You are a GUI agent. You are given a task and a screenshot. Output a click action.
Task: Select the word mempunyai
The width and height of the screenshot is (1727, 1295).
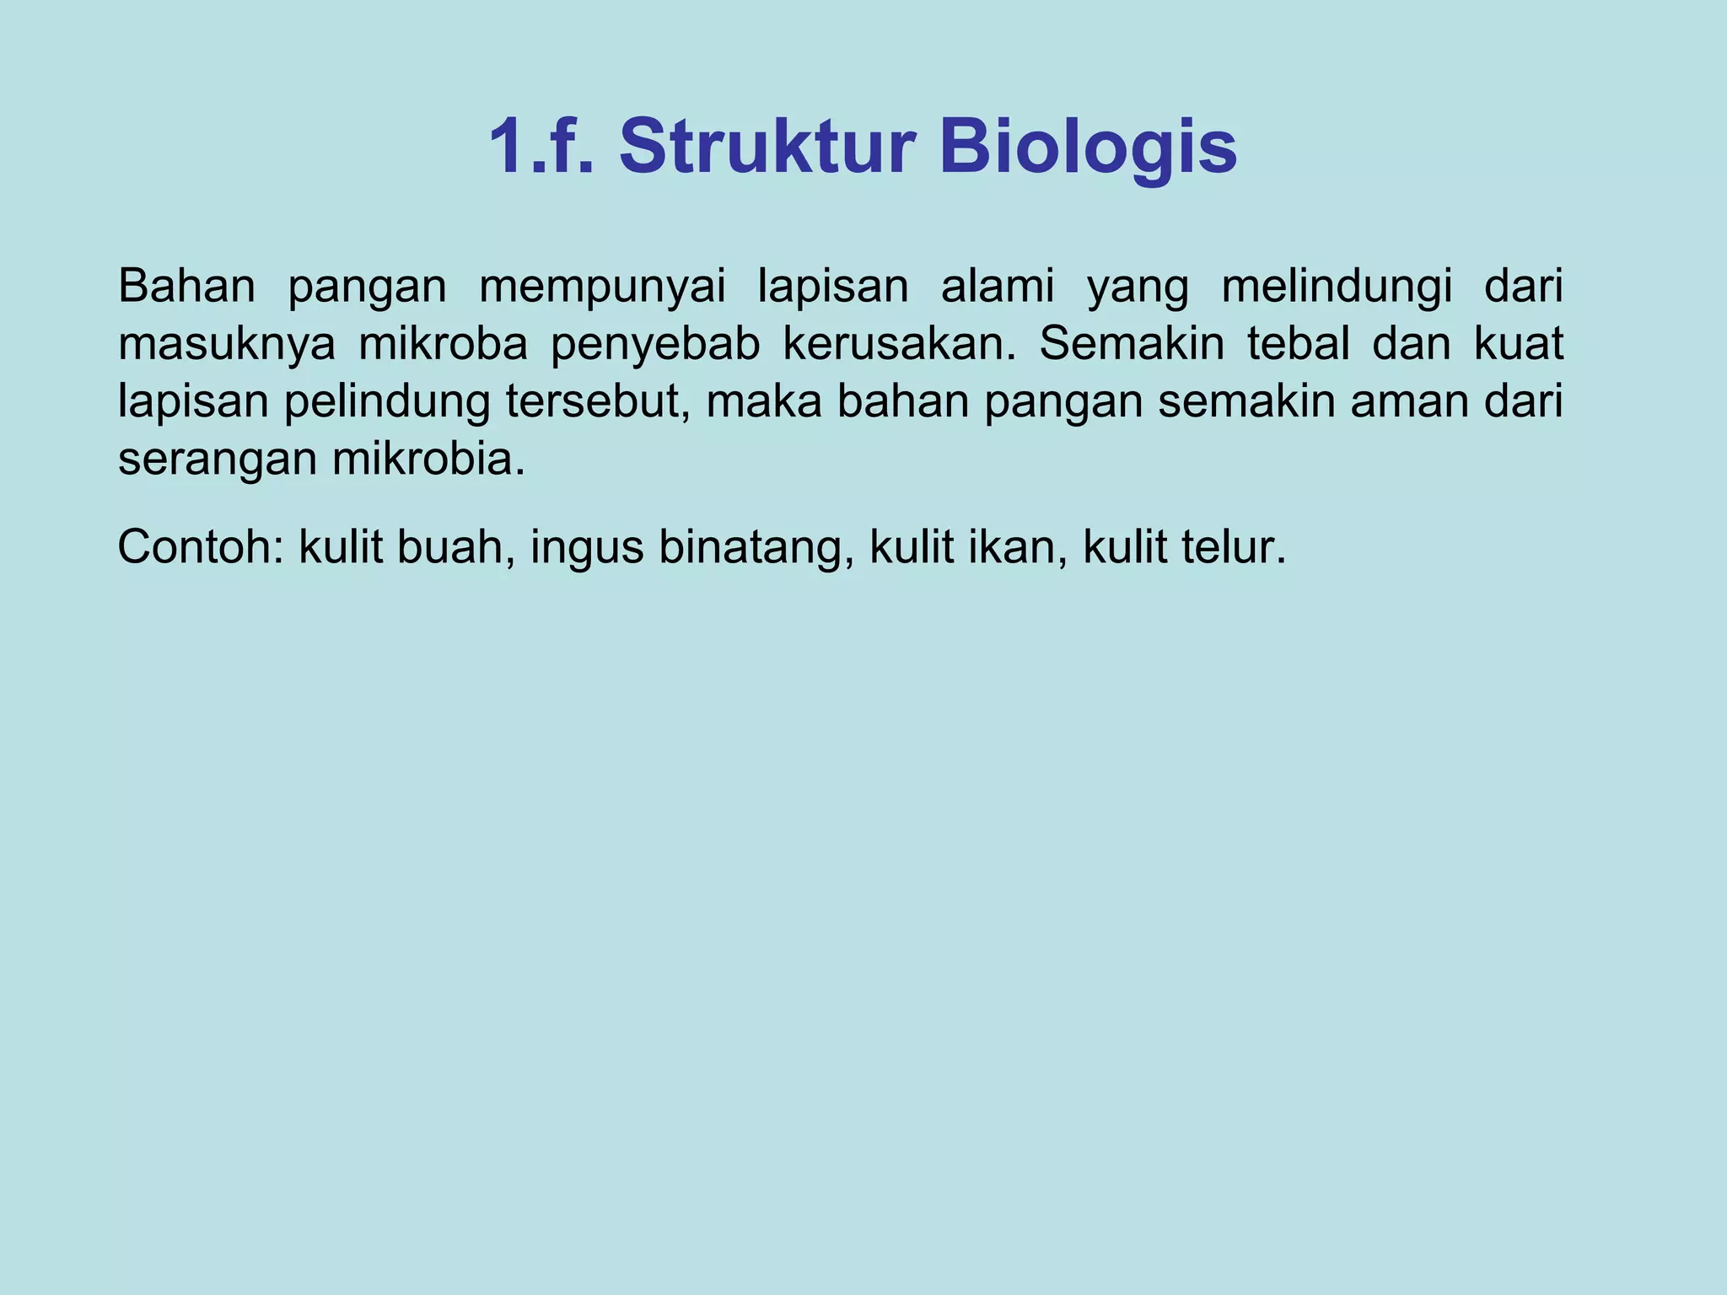coord(602,287)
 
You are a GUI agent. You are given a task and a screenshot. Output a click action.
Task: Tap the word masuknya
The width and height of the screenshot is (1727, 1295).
coord(227,345)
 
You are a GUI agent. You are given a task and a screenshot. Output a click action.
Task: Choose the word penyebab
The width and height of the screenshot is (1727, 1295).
coord(655,345)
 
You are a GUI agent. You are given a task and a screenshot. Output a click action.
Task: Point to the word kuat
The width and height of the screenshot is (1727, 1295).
coord(1518,345)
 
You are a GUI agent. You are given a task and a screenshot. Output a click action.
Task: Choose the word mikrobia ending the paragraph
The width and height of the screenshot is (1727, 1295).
coord(428,459)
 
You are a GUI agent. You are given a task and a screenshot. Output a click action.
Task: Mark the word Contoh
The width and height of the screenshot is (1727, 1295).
coord(201,547)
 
